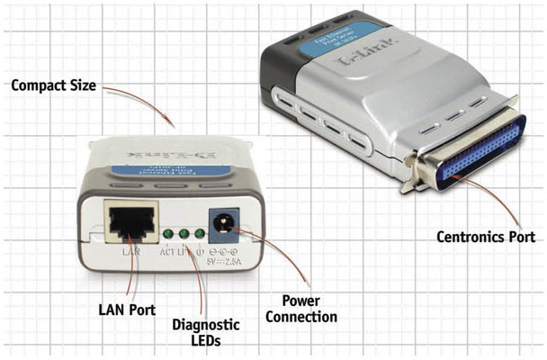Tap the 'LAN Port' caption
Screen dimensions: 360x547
click(x=126, y=310)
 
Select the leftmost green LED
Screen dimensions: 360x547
click(x=167, y=235)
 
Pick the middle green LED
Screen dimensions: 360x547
click(x=183, y=235)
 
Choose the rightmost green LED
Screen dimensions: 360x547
click(x=197, y=235)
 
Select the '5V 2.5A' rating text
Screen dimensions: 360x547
click(x=220, y=263)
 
